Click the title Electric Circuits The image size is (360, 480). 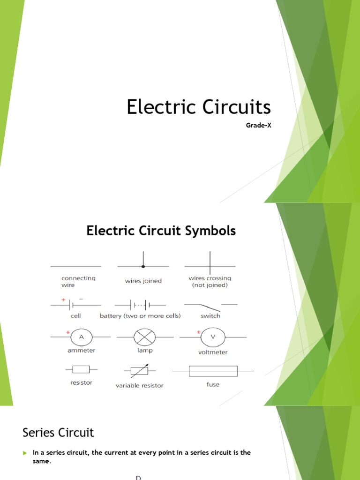[x=198, y=107]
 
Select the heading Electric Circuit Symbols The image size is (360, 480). [x=161, y=231]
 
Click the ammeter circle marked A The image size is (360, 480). [x=81, y=337]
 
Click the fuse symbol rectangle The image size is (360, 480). [x=213, y=371]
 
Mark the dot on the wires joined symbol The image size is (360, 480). [x=143, y=266]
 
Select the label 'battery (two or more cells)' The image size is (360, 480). [x=140, y=316]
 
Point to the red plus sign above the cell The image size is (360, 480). [x=62, y=299]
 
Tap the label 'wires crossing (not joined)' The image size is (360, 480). [x=210, y=281]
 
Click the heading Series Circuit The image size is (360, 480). [x=59, y=432]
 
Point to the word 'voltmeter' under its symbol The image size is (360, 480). [x=213, y=352]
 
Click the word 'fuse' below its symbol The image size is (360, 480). [x=213, y=384]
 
